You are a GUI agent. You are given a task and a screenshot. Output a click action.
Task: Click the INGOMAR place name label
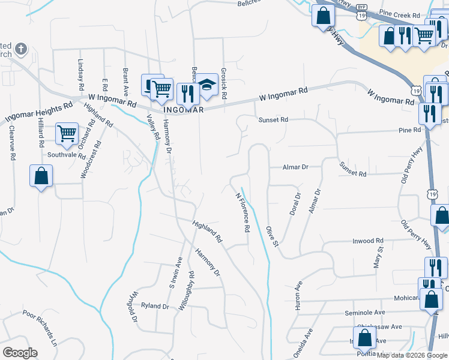[x=184, y=110]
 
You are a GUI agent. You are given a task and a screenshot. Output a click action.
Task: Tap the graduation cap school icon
[x=207, y=85]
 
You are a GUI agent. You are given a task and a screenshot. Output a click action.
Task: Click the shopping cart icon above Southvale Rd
[x=67, y=133]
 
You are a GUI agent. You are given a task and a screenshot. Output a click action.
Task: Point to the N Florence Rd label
[x=243, y=212]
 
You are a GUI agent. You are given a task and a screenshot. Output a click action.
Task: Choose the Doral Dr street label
[x=294, y=205]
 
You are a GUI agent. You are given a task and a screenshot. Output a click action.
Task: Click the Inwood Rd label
[x=367, y=241]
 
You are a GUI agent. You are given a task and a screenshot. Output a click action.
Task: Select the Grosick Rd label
[x=223, y=83]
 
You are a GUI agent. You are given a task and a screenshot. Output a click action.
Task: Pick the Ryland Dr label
[x=155, y=306]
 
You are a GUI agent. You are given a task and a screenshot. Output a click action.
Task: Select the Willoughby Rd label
[x=185, y=291]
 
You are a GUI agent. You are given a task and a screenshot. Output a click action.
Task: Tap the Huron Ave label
[x=297, y=296]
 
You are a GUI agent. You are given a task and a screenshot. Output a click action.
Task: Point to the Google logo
[x=20, y=353]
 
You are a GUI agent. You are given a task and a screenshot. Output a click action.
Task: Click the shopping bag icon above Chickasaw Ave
[x=364, y=337]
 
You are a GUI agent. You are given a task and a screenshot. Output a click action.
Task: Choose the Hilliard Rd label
[x=41, y=132]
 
